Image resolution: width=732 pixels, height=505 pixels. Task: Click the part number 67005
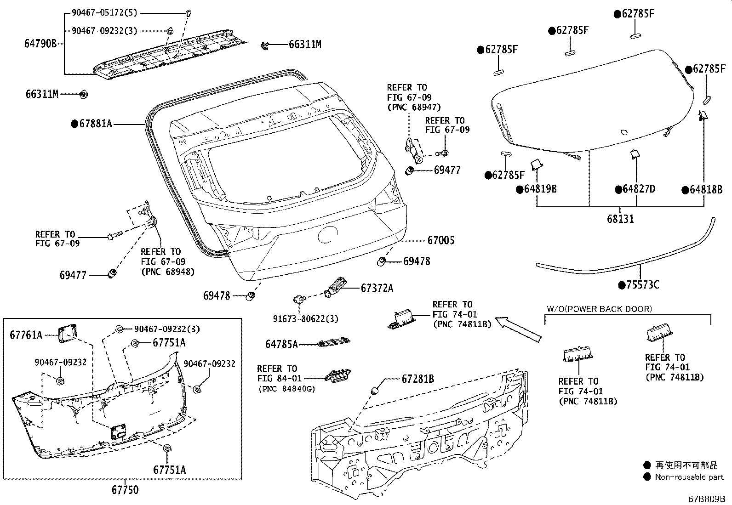(440, 240)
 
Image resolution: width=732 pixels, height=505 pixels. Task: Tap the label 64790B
(40, 44)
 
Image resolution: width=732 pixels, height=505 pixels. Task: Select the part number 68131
(620, 219)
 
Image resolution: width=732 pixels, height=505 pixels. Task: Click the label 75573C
(642, 285)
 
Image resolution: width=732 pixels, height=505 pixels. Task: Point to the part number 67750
(125, 490)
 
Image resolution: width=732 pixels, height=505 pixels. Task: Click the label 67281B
(417, 379)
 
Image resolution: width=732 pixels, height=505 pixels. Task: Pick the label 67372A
(377, 288)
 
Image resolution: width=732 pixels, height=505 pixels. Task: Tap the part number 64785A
(281, 344)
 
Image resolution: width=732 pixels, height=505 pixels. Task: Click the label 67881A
(95, 124)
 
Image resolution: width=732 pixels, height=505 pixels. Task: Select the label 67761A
(26, 335)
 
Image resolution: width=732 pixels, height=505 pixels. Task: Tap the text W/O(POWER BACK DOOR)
(599, 309)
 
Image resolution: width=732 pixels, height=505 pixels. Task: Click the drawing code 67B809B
(706, 498)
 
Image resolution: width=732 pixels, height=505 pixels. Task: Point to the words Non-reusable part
(689, 477)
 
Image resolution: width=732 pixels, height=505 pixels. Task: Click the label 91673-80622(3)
(307, 318)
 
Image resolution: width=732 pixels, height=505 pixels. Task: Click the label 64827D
(639, 189)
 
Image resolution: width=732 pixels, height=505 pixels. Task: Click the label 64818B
(706, 189)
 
